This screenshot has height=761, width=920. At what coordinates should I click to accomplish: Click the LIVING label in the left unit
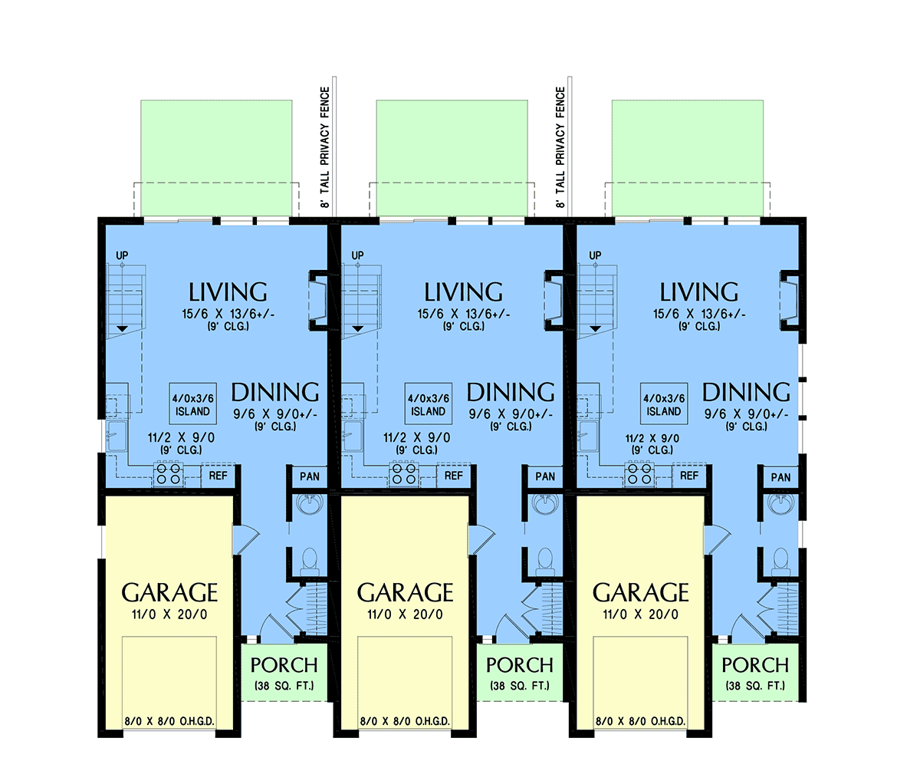pos(228,292)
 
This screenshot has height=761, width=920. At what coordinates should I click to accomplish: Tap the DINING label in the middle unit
pos(511,392)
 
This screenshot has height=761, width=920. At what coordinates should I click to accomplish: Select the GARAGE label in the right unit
pos(641,592)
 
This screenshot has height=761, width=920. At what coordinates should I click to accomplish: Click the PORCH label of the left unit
pos(284,665)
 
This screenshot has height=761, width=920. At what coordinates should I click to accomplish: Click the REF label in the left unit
pos(218,476)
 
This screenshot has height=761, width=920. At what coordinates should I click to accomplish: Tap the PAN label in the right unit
pos(780,477)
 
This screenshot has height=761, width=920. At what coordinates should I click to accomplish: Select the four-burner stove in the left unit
pos(169,474)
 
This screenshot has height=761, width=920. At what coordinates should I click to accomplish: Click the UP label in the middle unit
pos(358,255)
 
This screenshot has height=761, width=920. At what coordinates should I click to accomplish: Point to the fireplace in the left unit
pos(318,301)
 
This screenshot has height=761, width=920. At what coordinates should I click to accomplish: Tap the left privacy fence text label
pos(325,147)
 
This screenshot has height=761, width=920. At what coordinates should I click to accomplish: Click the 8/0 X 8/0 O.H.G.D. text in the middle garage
pos(405,721)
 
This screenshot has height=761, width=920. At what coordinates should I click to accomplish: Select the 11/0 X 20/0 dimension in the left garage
pos(169,614)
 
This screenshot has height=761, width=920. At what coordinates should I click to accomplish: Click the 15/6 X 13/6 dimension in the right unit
pos(699,314)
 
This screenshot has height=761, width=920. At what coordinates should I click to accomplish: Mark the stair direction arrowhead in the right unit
pos(595,329)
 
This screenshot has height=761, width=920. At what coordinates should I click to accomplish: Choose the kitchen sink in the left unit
pos(117,436)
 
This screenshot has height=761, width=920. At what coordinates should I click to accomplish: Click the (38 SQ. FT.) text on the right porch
pos(755,686)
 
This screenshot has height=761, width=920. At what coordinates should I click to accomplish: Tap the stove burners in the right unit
pos(639,474)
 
